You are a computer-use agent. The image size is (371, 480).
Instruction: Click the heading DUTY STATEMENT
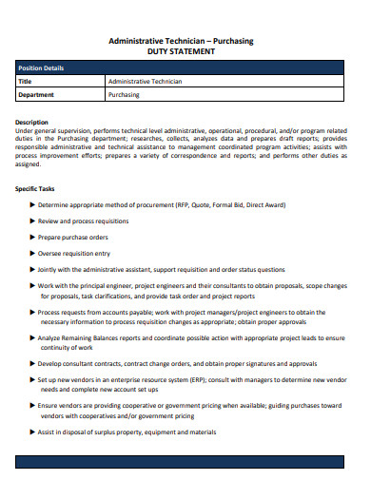[x=185, y=51]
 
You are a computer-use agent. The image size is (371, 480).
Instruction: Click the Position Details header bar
[x=185, y=68]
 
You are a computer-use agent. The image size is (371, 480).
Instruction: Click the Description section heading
[x=32, y=122]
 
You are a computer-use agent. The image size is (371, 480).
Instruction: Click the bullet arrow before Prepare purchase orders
[x=34, y=237]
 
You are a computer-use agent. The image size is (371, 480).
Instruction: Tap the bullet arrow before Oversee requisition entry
[x=34, y=254]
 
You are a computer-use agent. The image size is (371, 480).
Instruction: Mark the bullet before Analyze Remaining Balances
[x=34, y=338]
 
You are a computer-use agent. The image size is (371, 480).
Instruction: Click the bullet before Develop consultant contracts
[x=34, y=363]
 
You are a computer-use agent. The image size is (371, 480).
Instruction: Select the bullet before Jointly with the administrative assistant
[x=34, y=270]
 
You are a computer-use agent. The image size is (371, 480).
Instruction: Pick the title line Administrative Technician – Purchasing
[x=185, y=41]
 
